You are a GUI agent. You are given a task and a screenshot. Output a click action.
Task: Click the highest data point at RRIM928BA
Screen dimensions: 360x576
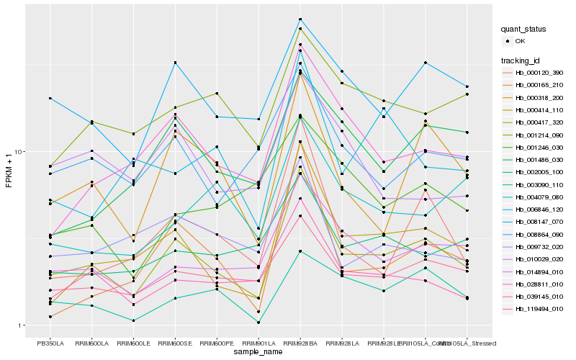pos(300,19)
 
